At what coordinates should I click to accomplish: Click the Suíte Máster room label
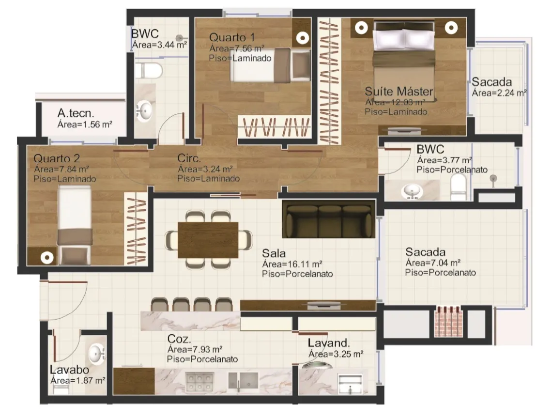pos(399,92)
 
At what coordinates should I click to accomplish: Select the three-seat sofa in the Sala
pos(328,219)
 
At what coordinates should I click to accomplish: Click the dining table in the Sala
pos(208,240)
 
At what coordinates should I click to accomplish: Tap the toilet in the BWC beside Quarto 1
pos(148,71)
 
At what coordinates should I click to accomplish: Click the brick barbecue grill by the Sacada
pos(448,322)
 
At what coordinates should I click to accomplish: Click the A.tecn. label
pos(76,113)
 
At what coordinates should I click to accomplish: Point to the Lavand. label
pos(329,343)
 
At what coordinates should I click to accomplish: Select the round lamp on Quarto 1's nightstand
pos(302,38)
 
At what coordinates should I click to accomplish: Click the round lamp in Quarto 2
pos(47,258)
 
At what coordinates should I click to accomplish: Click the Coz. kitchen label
pos(179,339)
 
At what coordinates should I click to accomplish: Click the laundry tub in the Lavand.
pos(350,384)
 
